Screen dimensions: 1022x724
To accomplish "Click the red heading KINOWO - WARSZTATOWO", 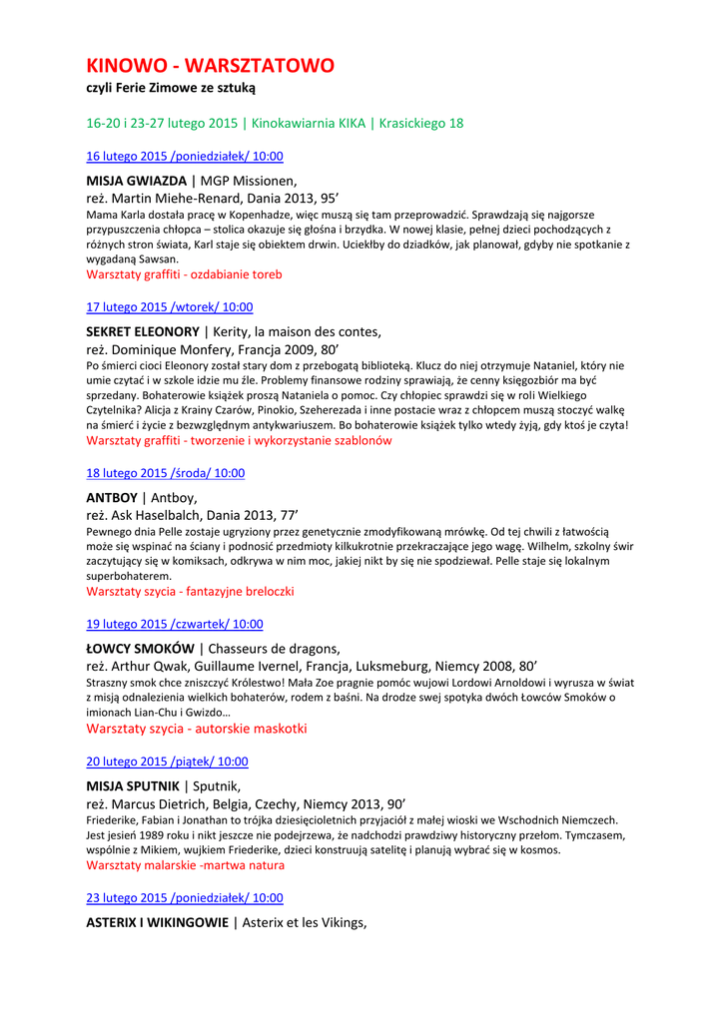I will [x=210, y=66].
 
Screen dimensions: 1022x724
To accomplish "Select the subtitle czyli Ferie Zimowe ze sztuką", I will [x=171, y=89].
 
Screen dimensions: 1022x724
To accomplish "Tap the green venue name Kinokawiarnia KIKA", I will [x=309, y=124].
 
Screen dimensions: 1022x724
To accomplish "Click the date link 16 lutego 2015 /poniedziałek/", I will [x=185, y=156].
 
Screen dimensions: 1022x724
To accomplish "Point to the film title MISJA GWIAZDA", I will [x=136, y=181].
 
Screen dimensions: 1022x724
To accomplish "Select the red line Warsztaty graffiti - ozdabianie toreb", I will [x=184, y=273].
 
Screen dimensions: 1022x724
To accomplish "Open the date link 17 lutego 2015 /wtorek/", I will [x=170, y=307].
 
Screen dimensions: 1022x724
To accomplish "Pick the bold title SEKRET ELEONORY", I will [x=143, y=331].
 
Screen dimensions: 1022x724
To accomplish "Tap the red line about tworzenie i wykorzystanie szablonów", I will [x=239, y=440].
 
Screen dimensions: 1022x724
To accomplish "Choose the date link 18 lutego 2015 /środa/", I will [x=166, y=473].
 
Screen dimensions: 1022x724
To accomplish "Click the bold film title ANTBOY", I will [x=112, y=497].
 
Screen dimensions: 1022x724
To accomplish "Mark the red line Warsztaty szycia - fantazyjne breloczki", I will [x=190, y=591].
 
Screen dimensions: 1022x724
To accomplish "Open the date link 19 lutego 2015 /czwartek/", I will [x=175, y=624].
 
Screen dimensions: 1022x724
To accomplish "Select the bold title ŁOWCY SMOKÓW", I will [x=140, y=649].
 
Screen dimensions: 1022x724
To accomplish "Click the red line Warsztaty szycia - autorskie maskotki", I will [x=197, y=729].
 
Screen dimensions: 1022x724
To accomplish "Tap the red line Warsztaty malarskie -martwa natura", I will [x=185, y=865].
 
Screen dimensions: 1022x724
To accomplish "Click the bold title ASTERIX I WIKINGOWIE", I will [x=157, y=922].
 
